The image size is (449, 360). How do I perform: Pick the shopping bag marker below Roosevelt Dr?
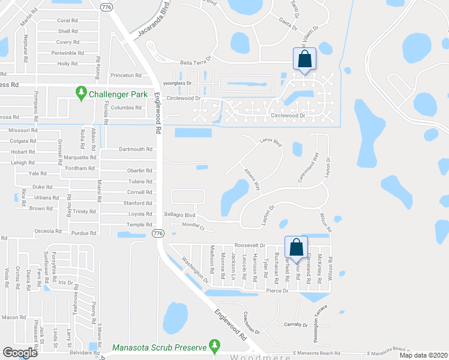[297, 247]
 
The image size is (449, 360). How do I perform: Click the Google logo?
[20, 353]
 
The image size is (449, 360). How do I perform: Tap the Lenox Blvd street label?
[271, 143]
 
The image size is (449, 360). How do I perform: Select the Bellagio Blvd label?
[181, 215]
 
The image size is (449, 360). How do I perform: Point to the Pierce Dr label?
[277, 290]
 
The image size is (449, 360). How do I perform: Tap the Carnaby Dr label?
[297, 325]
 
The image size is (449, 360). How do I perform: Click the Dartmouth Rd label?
[136, 149]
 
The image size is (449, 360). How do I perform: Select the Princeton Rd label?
[125, 75]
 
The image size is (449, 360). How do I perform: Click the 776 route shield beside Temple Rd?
[158, 233]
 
